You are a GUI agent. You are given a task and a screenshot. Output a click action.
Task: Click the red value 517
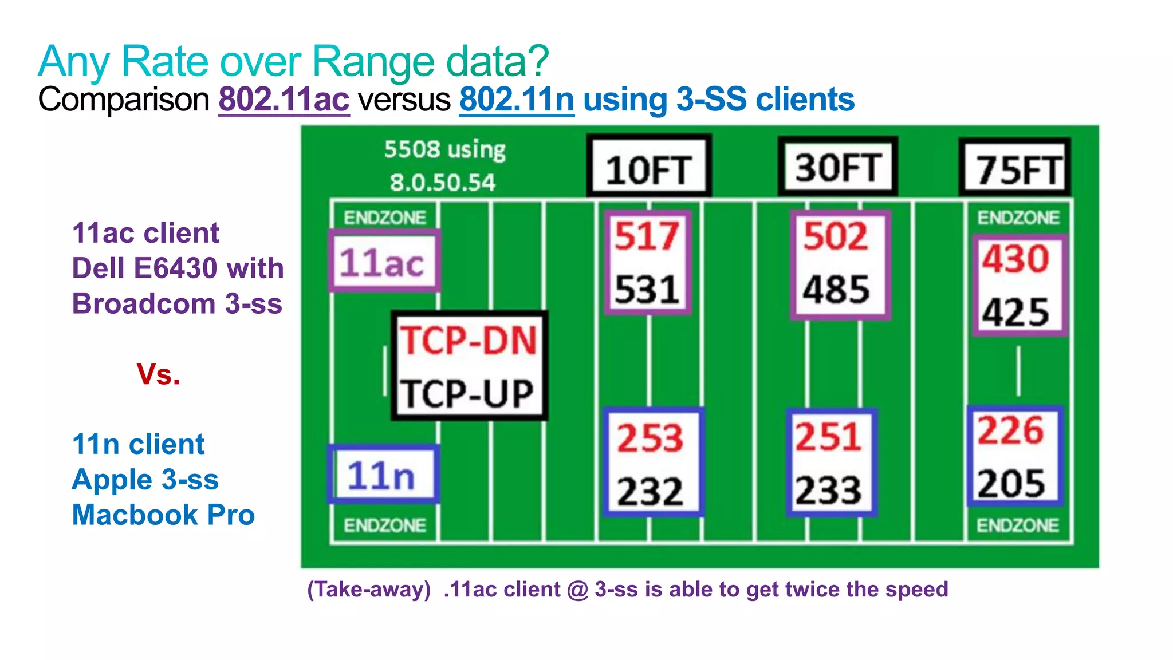click(647, 236)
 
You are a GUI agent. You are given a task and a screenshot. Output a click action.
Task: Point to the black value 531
click(647, 290)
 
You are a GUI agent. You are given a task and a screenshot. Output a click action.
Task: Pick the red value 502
click(836, 236)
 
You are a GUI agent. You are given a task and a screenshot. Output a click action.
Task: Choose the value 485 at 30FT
click(836, 290)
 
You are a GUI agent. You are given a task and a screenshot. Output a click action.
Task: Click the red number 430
click(1016, 258)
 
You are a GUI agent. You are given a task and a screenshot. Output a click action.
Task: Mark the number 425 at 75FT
click(1016, 313)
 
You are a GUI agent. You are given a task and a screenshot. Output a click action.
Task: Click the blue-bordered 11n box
click(381, 476)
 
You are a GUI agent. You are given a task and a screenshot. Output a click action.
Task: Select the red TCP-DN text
click(468, 341)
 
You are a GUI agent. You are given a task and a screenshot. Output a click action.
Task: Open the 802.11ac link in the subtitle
click(284, 100)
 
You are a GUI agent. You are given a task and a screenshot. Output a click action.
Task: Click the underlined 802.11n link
click(516, 100)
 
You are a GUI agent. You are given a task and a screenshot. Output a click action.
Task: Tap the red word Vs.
click(158, 374)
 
